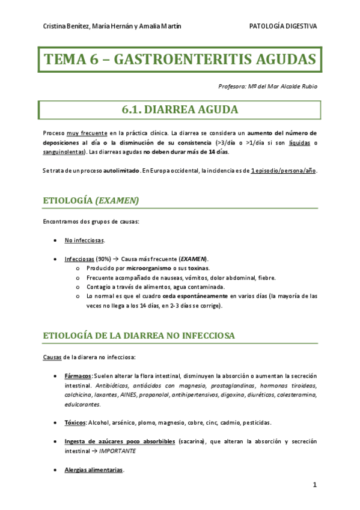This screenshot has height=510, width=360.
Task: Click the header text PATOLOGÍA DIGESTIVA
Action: pyautogui.click(x=283, y=26)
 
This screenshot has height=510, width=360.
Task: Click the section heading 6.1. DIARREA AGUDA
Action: pyautogui.click(x=179, y=109)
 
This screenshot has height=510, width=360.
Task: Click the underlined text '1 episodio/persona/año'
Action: pyautogui.click(x=283, y=171)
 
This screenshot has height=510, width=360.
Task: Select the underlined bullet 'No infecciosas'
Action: pyautogui.click(x=84, y=241)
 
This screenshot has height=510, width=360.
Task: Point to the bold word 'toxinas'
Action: pyautogui.click(x=197, y=268)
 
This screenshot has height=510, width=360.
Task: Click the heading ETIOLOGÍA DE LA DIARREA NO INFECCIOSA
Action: pyautogui.click(x=139, y=335)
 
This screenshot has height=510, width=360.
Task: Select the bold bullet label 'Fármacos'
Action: pyautogui.click(x=78, y=376)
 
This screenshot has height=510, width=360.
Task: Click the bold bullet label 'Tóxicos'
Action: pyautogui.click(x=75, y=422)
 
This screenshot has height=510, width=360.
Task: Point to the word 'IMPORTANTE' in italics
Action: pyautogui.click(x=117, y=450)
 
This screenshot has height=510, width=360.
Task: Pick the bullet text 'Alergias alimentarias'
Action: pyautogui.click(x=94, y=470)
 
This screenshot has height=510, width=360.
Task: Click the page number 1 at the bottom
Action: pyautogui.click(x=314, y=485)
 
